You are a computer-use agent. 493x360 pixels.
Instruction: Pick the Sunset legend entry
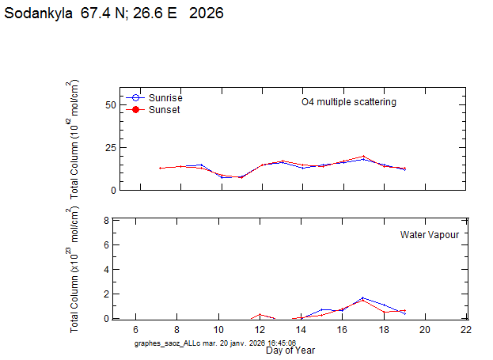(x=164, y=110)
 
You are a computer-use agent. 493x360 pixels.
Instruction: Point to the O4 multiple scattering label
(x=348, y=102)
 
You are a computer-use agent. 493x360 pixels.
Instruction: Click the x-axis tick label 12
(x=260, y=329)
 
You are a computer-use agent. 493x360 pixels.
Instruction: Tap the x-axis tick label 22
(x=466, y=329)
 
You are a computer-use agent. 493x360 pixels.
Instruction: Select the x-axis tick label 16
(x=342, y=329)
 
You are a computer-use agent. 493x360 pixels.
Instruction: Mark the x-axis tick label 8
(x=177, y=329)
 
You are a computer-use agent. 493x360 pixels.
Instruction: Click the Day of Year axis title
(x=290, y=350)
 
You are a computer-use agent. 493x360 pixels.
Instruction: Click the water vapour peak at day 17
(x=362, y=298)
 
